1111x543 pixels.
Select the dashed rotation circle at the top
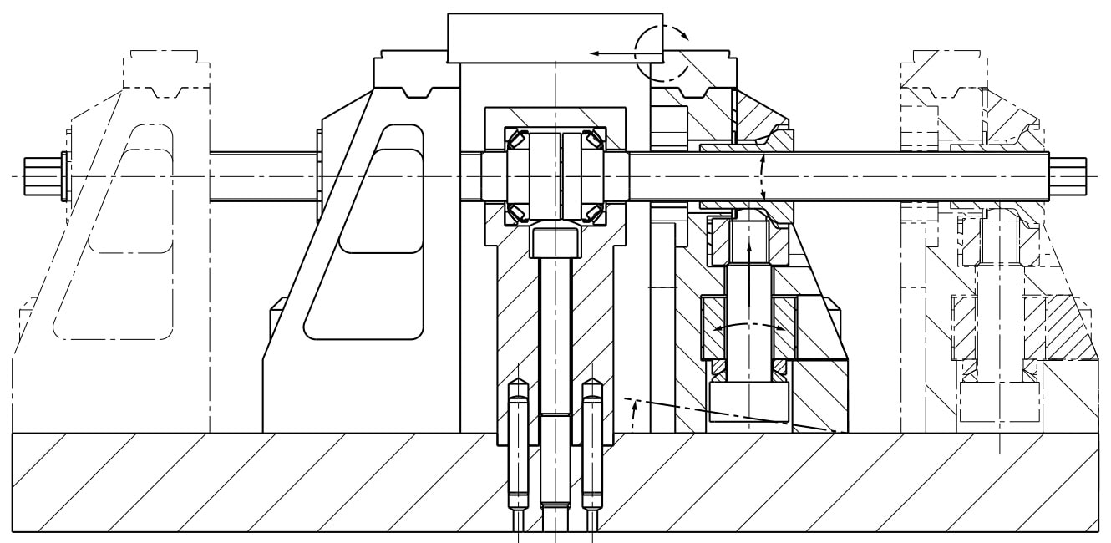click(x=659, y=50)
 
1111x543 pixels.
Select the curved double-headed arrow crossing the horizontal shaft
click(x=762, y=177)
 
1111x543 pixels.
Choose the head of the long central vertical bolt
click(x=555, y=241)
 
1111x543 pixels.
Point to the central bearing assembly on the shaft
click(x=555, y=176)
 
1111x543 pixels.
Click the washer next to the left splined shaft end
click(x=64, y=176)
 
